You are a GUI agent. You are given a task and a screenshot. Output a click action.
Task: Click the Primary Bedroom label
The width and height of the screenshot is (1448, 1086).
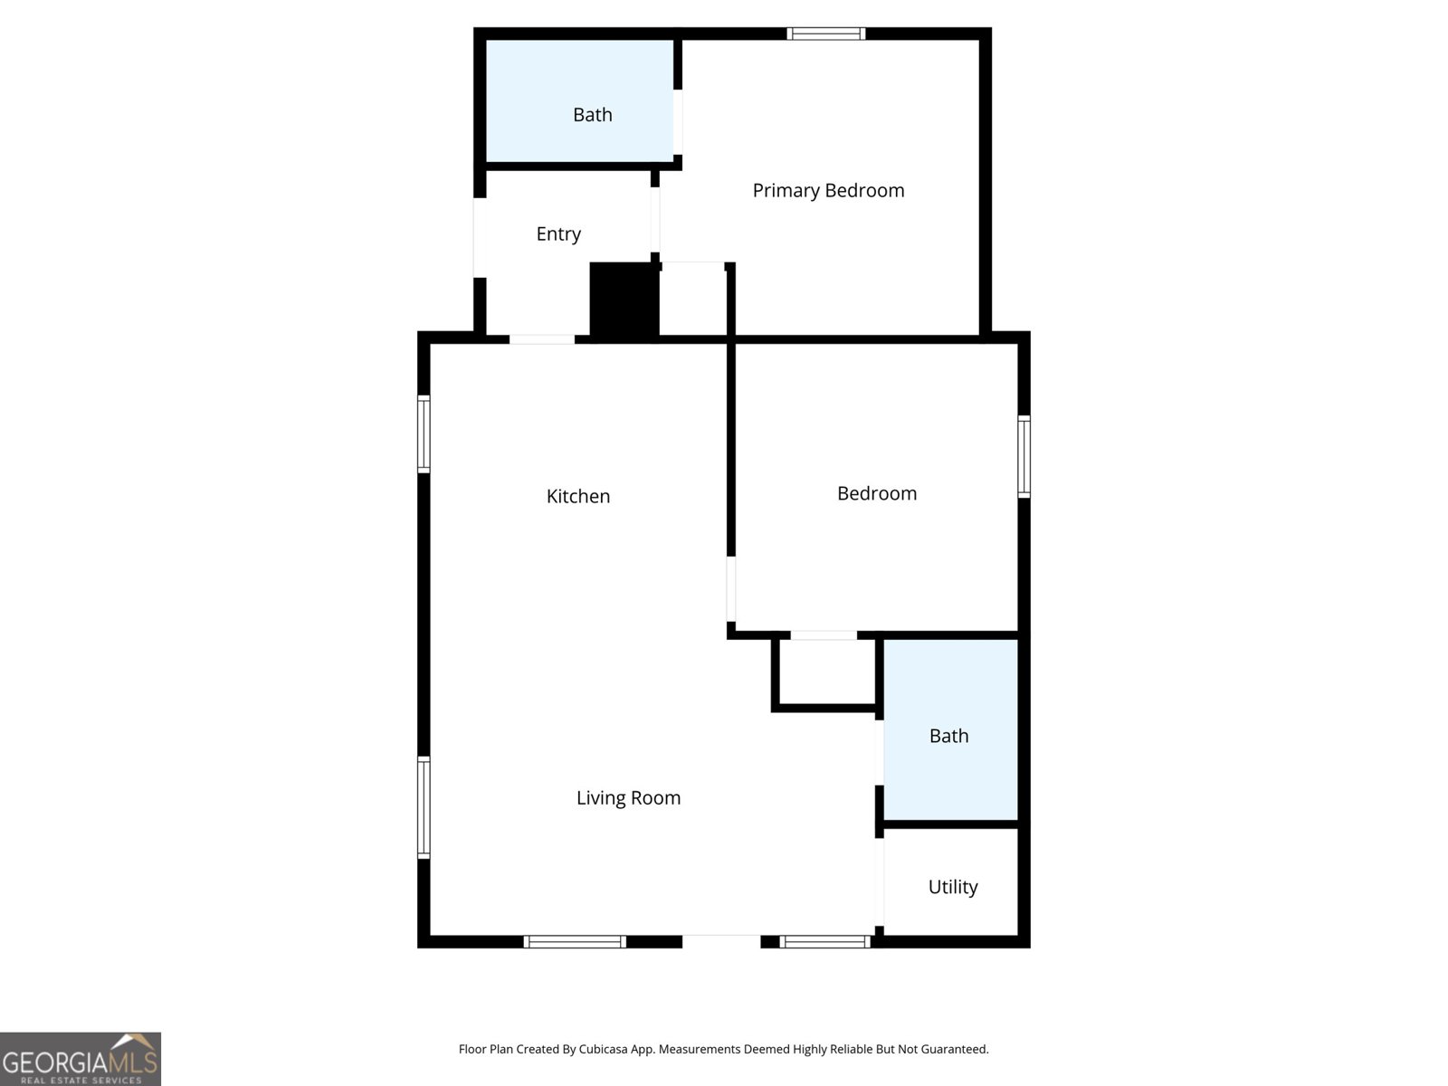828,190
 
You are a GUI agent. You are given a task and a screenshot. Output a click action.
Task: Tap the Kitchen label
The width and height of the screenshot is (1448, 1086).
578,496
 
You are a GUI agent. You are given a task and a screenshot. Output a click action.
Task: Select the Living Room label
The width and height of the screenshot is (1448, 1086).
628,797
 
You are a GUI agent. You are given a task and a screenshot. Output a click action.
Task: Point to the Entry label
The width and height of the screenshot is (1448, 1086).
558,233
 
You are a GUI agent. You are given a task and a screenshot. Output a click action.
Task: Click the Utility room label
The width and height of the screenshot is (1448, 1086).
953,887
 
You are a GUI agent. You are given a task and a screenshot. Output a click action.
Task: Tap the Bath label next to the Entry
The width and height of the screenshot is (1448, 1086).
593,115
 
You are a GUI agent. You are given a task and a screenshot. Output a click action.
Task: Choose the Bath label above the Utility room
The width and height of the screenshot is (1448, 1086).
948,736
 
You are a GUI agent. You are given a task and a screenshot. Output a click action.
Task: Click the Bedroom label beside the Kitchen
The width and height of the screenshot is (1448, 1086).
877,493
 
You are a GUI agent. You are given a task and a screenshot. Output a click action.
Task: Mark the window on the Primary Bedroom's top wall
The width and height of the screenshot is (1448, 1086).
825,34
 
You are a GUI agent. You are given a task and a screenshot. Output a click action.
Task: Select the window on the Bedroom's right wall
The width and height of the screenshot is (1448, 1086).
1024,456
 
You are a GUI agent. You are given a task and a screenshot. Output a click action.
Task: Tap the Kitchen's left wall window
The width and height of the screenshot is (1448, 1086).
424,434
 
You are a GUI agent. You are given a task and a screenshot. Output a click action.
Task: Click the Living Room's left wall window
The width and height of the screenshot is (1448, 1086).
424,806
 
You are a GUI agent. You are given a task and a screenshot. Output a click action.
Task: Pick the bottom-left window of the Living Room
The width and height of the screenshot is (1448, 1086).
575,942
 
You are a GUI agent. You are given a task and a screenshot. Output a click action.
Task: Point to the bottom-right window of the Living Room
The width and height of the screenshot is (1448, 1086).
824,942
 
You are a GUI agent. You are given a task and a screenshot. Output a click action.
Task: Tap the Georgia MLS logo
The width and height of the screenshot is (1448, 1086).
81,1059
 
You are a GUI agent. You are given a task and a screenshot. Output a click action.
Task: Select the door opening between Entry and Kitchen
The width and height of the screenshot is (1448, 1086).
541,339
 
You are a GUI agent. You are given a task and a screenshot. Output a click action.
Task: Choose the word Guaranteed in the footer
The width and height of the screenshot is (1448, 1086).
957,1050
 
